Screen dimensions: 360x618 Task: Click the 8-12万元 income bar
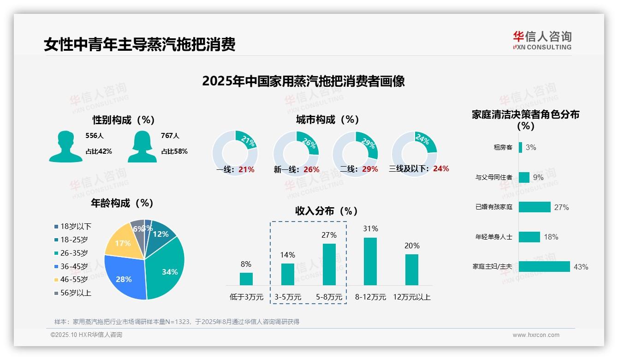(x=370, y=261)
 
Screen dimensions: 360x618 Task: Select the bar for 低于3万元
(x=246, y=279)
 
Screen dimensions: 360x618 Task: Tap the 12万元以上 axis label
(x=411, y=297)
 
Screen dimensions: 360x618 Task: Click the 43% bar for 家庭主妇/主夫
(x=544, y=267)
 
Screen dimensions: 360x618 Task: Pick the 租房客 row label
(x=503, y=148)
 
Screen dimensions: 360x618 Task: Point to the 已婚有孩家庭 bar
(x=535, y=207)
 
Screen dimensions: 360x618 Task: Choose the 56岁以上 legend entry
(x=73, y=293)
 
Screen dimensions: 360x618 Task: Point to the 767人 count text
(x=170, y=136)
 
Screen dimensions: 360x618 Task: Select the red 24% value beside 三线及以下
(x=441, y=169)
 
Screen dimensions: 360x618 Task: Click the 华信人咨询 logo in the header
(x=542, y=40)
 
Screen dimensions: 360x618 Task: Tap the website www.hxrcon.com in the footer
(x=536, y=335)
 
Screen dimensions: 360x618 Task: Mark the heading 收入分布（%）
(x=327, y=211)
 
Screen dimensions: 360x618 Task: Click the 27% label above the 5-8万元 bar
(x=329, y=235)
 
